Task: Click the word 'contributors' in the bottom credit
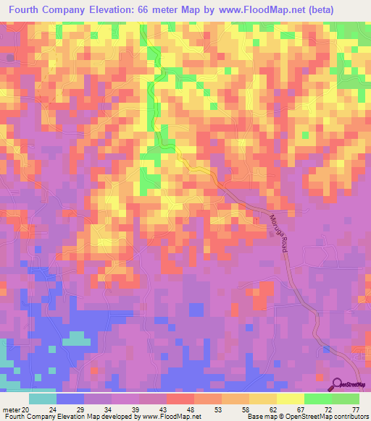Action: (351, 417)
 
